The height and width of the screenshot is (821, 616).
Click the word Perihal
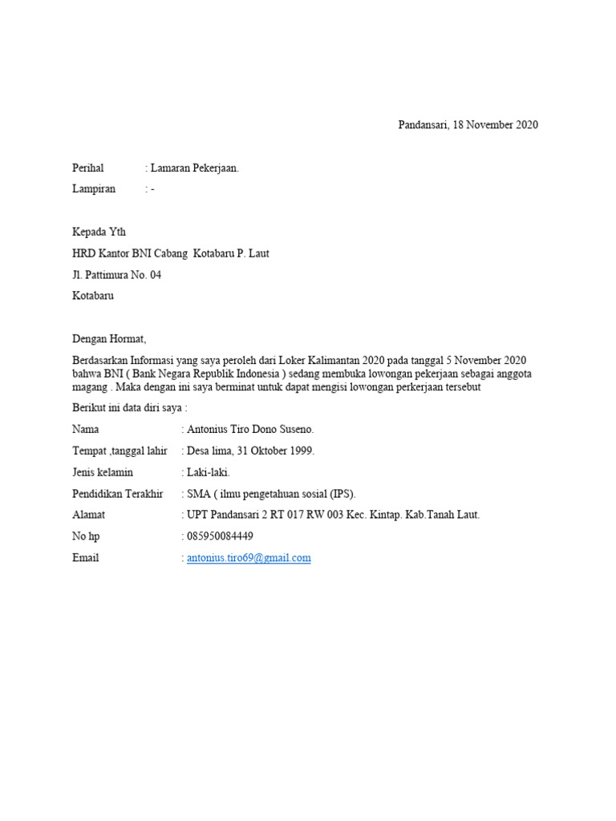pos(88,168)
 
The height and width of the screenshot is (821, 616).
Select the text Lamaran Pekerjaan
pos(194,168)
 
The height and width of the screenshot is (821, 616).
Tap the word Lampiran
pos(94,188)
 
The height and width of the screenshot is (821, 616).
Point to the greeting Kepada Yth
pos(99,232)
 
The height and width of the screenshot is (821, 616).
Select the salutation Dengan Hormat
pos(110,339)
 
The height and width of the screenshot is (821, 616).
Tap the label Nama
pos(86,430)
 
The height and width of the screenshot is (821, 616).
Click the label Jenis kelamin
pos(103,472)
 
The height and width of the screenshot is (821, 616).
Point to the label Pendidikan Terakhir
pos(117,493)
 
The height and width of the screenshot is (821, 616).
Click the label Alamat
pos(88,515)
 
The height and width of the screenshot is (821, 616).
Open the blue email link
pos(249,558)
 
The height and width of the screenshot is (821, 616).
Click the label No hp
pos(85,536)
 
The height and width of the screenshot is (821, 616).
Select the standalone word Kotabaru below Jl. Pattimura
pos(93,296)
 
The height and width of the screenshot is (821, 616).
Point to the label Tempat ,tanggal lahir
pos(120,451)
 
